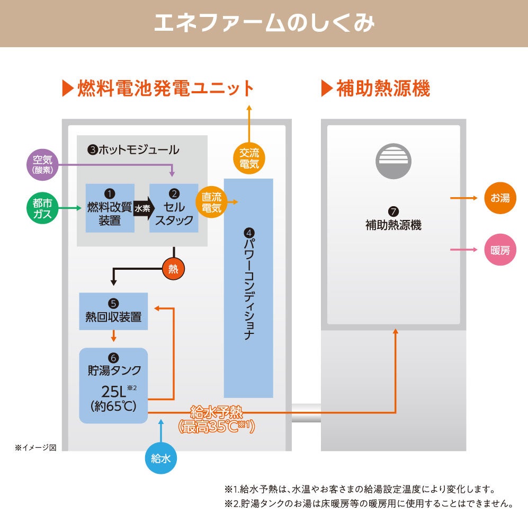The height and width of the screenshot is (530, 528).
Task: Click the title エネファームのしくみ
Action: pyautogui.click(x=264, y=23)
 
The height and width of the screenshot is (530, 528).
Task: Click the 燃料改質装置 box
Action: pyautogui.click(x=110, y=208)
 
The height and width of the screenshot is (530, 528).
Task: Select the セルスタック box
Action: pyautogui.click(x=174, y=208)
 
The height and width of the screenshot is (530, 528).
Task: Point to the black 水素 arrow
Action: pyautogui.click(x=142, y=208)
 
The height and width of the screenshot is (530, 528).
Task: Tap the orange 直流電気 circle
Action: pyautogui.click(x=212, y=202)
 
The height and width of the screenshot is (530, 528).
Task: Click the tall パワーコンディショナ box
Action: pyautogui.click(x=248, y=288)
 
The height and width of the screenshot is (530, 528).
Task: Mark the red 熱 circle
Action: pyautogui.click(x=173, y=269)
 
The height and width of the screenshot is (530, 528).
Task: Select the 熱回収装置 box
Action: pyautogui.click(x=113, y=311)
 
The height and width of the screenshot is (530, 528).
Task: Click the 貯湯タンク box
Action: pyautogui.click(x=113, y=385)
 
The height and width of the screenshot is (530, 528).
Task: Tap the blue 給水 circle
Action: pyautogui.click(x=161, y=458)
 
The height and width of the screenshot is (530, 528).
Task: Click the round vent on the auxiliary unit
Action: pyautogui.click(x=393, y=160)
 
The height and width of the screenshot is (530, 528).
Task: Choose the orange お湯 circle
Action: pyautogui.click(x=500, y=198)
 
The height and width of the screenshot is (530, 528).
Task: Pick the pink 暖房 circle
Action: pyautogui.click(x=500, y=250)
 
